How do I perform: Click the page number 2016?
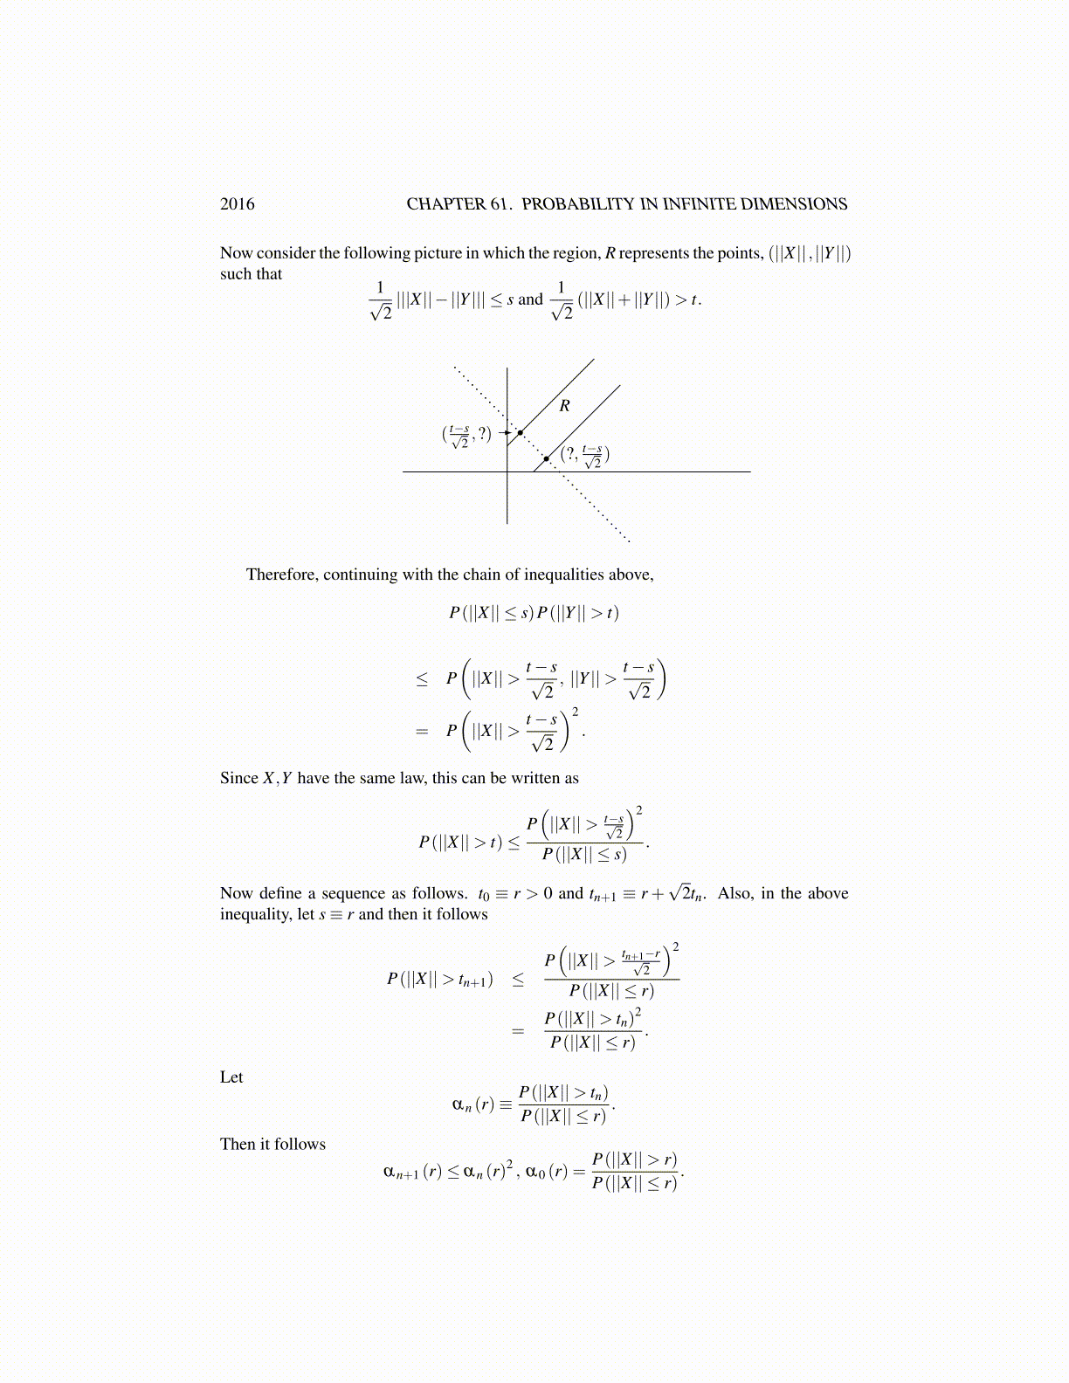tap(237, 204)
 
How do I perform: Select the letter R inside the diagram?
tap(564, 406)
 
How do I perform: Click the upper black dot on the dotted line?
tap(520, 433)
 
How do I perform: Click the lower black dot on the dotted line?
tap(547, 458)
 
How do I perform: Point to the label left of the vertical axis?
tap(467, 435)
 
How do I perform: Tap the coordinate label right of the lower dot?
tap(584, 455)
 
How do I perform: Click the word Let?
tap(231, 1077)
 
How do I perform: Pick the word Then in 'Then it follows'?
tap(238, 1145)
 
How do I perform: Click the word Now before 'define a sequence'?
tap(236, 893)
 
